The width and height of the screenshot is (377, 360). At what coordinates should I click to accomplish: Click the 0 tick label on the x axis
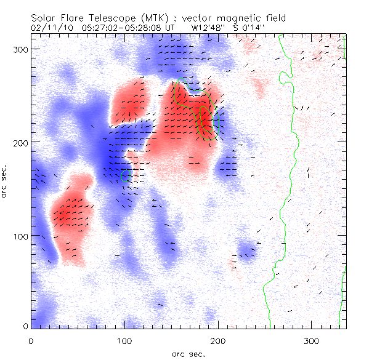point(31,340)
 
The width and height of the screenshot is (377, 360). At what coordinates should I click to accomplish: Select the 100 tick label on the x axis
point(125,340)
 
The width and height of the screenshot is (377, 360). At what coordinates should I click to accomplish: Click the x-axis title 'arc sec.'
point(188,354)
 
